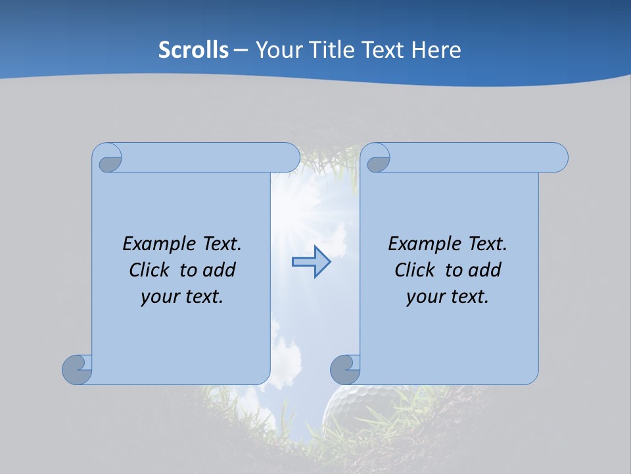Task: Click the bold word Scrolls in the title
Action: click(x=193, y=50)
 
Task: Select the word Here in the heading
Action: click(x=436, y=50)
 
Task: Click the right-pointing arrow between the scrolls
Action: click(x=311, y=262)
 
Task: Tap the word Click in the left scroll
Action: click(x=150, y=270)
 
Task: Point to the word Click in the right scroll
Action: click(x=415, y=270)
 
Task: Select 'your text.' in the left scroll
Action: click(x=182, y=296)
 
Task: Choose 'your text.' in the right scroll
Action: click(x=448, y=296)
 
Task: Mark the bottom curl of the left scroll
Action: click(x=78, y=370)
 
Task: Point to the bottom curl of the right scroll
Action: click(x=345, y=370)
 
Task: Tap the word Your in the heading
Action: click(x=279, y=50)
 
